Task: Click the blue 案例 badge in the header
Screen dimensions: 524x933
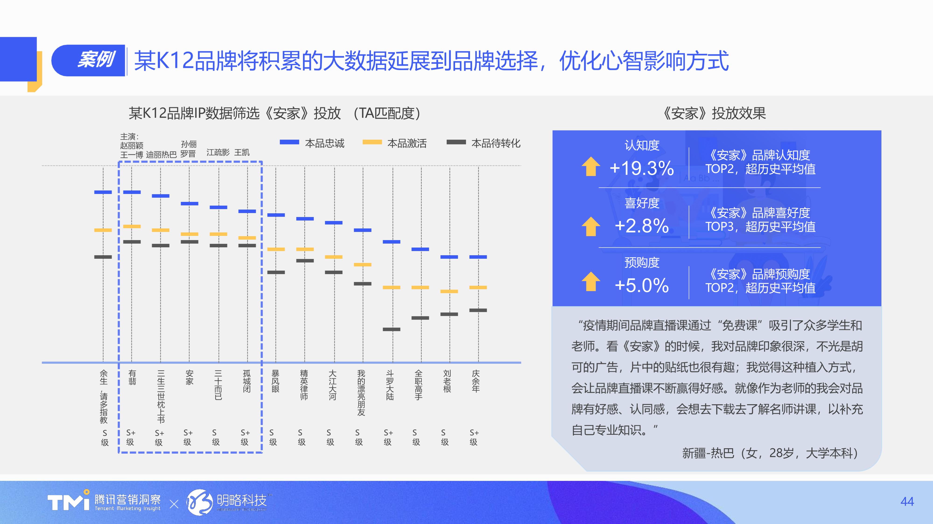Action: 89,60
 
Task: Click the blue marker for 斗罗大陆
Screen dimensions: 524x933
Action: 392,242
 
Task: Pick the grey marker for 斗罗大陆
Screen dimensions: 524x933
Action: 392,329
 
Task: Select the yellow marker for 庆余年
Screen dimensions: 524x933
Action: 478,287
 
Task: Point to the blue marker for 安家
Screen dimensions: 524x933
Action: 189,203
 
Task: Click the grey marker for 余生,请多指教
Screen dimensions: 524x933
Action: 103,257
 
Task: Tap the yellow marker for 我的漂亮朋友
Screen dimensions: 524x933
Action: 363,265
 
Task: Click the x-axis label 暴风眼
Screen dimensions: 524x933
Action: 275,381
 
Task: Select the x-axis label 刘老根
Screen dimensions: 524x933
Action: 447,381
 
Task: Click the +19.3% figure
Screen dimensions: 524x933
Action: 642,168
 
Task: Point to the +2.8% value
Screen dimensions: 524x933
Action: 642,226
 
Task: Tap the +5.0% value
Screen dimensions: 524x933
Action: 642,285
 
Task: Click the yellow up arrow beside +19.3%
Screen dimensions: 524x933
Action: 591,166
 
